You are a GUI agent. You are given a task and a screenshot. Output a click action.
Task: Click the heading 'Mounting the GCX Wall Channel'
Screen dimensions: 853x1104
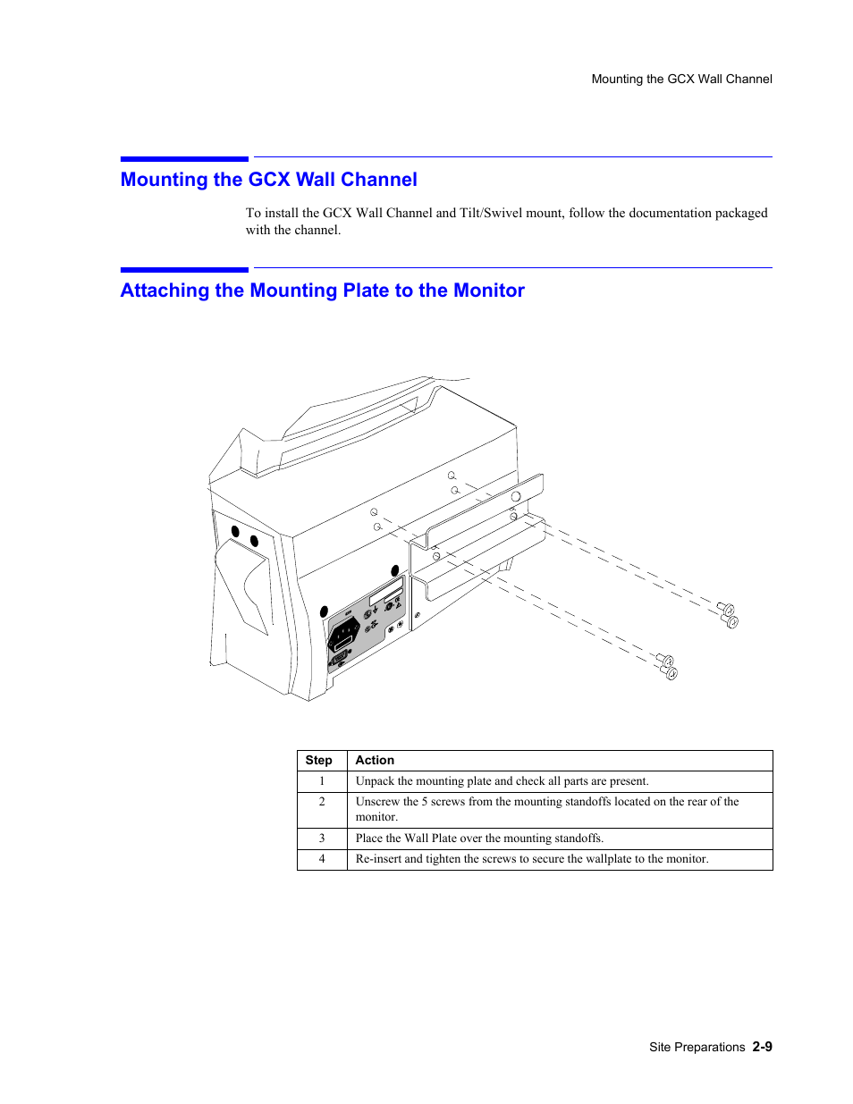point(268,180)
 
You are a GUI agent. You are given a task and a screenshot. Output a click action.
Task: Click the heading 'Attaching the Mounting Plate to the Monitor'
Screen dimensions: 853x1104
point(322,291)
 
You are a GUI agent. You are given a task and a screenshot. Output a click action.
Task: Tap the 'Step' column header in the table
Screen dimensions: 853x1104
point(318,761)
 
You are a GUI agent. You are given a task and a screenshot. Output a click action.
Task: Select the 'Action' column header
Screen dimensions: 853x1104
point(375,761)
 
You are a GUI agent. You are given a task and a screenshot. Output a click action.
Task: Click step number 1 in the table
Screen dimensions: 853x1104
point(322,781)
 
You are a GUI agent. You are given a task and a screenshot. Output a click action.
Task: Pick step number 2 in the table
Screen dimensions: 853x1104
point(322,802)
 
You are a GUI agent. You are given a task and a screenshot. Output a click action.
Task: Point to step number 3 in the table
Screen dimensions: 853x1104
point(322,839)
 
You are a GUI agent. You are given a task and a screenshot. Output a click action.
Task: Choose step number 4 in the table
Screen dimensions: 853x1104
point(322,859)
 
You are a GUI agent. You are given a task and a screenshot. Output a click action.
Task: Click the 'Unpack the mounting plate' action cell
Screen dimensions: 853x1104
point(502,781)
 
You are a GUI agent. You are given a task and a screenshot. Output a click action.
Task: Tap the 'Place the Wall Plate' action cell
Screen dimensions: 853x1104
point(479,839)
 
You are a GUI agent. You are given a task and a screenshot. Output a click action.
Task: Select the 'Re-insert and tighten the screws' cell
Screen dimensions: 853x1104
point(531,859)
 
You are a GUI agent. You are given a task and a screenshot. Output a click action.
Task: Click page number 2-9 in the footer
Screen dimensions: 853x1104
point(762,1047)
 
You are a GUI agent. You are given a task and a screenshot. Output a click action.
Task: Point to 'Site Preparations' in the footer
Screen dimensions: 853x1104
point(697,1048)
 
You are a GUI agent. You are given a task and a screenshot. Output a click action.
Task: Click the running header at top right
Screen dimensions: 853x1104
point(681,80)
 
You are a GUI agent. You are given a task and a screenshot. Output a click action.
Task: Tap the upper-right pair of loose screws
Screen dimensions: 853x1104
point(728,615)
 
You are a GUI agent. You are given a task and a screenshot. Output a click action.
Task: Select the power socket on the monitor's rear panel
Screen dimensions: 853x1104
point(343,634)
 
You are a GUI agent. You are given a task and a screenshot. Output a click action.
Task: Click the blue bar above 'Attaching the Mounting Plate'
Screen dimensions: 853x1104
point(184,269)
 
